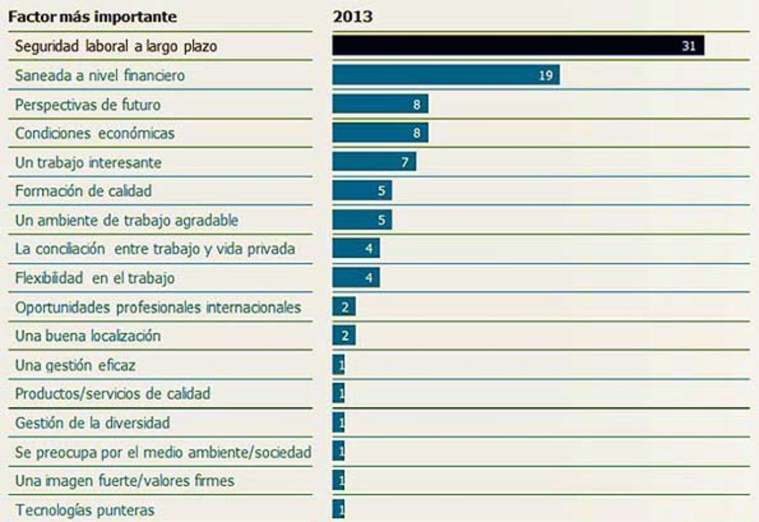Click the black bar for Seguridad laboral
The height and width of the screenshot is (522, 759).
[x=518, y=46]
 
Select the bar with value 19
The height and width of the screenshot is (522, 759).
[x=446, y=75]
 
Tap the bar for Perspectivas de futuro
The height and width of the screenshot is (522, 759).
[x=380, y=104]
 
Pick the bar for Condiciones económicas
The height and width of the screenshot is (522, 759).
[x=380, y=133]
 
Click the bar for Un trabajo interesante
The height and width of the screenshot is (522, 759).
[x=374, y=162]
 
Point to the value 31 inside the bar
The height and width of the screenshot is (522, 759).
[x=688, y=46]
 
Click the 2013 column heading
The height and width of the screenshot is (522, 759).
[x=352, y=17]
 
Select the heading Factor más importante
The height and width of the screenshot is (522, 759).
[x=92, y=17]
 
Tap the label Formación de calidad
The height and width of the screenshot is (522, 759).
[x=83, y=191]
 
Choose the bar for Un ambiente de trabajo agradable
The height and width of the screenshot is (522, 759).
[x=362, y=220]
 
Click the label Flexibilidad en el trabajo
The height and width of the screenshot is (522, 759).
[x=95, y=278]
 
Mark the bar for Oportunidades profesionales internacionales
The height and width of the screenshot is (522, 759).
[x=344, y=307]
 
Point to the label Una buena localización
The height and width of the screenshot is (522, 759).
[x=88, y=336]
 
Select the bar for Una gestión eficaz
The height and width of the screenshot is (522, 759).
[x=338, y=365]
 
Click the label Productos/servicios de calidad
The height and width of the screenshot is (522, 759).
[x=113, y=394]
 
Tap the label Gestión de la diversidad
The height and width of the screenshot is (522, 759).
[x=92, y=423]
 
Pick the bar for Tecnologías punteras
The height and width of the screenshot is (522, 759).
[x=338, y=509]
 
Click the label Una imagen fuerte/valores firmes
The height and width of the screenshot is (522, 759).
[x=125, y=481]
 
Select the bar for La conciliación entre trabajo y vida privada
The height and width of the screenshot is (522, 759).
[x=356, y=249]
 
